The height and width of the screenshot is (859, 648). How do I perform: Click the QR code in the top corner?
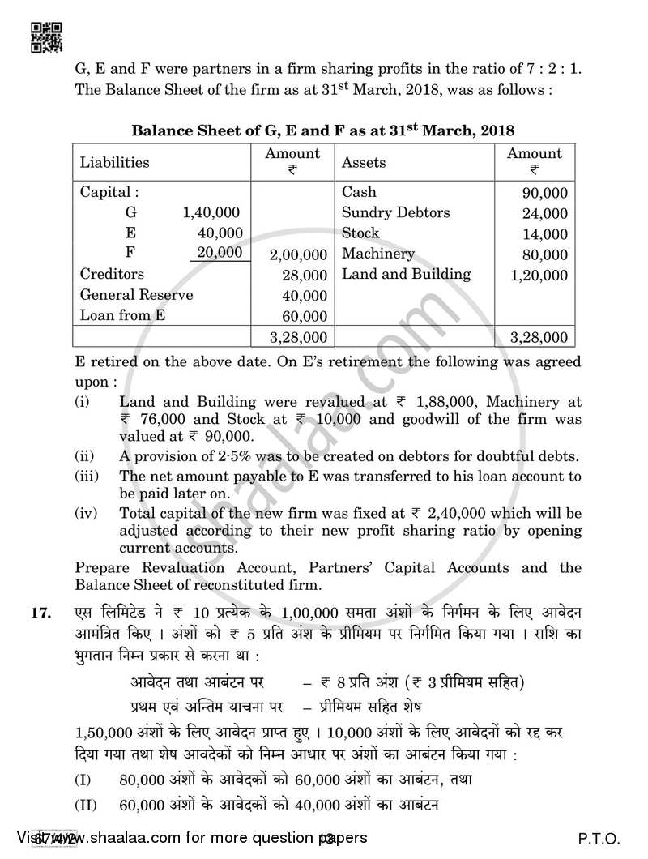[43, 36]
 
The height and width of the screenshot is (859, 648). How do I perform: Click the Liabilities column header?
[114, 162]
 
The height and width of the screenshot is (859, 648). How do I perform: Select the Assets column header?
[364, 162]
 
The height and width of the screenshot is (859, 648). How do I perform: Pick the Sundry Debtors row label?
[395, 213]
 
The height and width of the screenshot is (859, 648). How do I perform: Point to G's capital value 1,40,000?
[211, 213]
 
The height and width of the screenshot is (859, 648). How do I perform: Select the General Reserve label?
[136, 295]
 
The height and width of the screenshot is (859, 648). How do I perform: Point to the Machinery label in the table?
[377, 254]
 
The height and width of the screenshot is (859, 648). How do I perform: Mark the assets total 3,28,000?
[539, 337]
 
